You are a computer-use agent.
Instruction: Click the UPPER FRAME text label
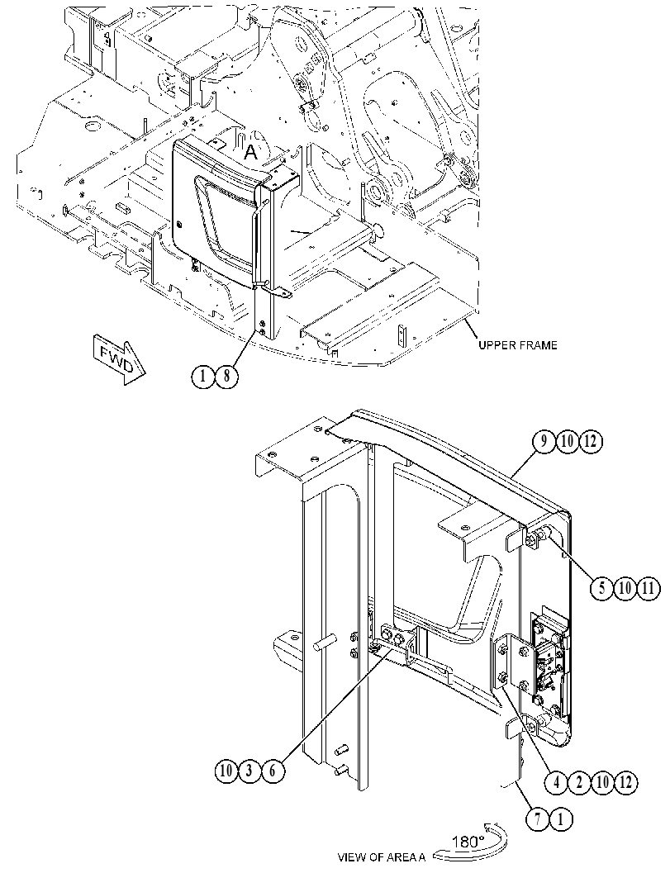tap(517, 345)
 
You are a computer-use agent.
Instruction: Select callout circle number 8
tap(226, 377)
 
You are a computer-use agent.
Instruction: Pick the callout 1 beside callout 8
tap(203, 377)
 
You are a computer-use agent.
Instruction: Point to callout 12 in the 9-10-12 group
tap(591, 442)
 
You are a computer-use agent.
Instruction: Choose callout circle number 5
tap(602, 588)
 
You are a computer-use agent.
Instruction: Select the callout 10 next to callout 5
tap(625, 588)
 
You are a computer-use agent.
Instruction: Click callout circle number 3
tap(249, 771)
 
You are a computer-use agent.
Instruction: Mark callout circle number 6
tap(273, 771)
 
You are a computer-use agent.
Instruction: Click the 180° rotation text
tap(468, 842)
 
